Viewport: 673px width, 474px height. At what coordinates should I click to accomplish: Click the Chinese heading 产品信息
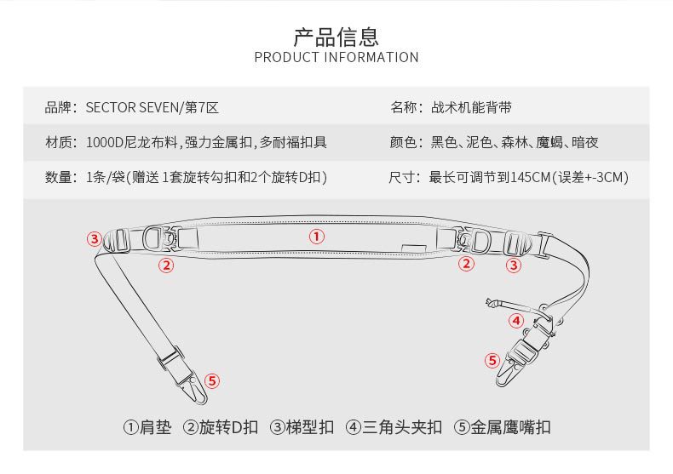[336, 37]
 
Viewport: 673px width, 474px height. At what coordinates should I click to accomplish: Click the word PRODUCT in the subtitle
[286, 58]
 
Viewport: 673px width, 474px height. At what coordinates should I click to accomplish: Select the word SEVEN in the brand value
[152, 108]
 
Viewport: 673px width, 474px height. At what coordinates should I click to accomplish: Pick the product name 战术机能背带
[472, 108]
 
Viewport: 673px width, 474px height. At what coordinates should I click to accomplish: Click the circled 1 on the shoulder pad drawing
[317, 237]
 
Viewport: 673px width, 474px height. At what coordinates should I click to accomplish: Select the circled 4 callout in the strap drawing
[516, 321]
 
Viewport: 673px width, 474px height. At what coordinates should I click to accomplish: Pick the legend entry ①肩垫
[147, 427]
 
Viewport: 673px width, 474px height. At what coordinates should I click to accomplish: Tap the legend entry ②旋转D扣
[221, 427]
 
